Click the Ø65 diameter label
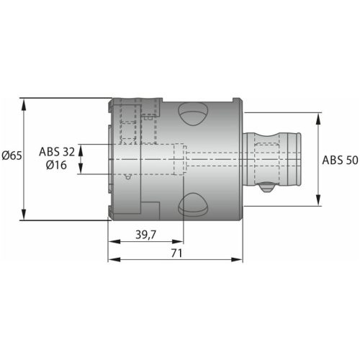point(12,156)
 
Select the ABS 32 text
point(56,151)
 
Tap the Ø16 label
point(57,166)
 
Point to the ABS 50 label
point(340,161)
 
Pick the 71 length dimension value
point(176,253)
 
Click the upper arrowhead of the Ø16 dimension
point(81,148)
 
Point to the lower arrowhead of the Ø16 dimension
point(81,169)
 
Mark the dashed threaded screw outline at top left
point(130,122)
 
